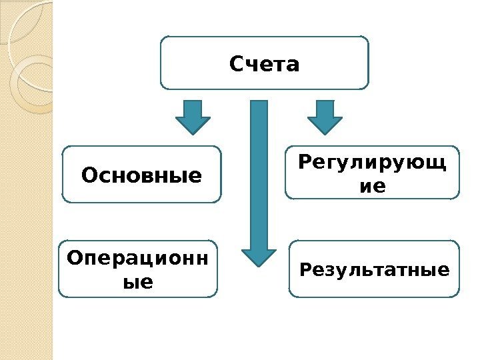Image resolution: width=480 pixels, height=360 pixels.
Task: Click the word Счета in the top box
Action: [265, 65]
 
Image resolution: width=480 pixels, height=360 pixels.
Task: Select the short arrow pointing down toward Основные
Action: [193, 117]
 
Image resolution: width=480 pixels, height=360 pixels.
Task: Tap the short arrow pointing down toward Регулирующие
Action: [325, 117]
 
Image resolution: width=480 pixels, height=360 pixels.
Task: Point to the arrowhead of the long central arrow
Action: [259, 257]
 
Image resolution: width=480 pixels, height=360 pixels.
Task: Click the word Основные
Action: [141, 176]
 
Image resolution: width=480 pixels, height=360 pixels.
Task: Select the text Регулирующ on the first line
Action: [372, 163]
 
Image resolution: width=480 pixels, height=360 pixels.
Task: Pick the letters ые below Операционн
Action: [138, 282]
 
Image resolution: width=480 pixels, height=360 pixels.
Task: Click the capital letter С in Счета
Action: [236, 65]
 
